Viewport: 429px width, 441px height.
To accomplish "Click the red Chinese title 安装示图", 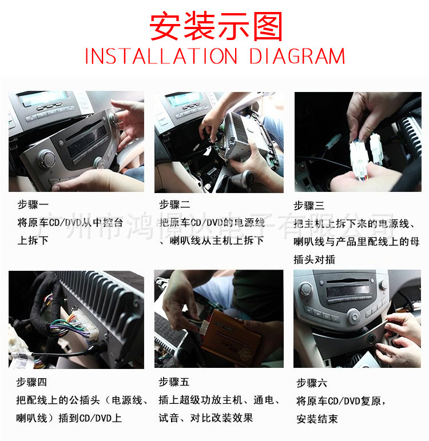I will coord(216,26).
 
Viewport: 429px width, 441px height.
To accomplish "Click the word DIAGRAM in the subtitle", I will coord(297,57).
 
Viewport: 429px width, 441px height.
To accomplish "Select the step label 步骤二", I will coord(174,204).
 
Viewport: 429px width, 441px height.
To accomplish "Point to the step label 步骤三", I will coord(309,206).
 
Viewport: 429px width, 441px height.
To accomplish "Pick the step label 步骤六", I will coord(312,383).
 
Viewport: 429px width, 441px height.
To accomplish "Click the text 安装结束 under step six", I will coord(317,419).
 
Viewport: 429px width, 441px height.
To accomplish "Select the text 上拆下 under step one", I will coord(33,240).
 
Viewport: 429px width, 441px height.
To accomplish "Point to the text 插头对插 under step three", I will coord(314,259).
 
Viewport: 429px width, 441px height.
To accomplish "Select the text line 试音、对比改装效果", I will coord(205,418).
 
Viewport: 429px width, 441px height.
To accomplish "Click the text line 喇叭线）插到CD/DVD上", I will coord(69,418).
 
